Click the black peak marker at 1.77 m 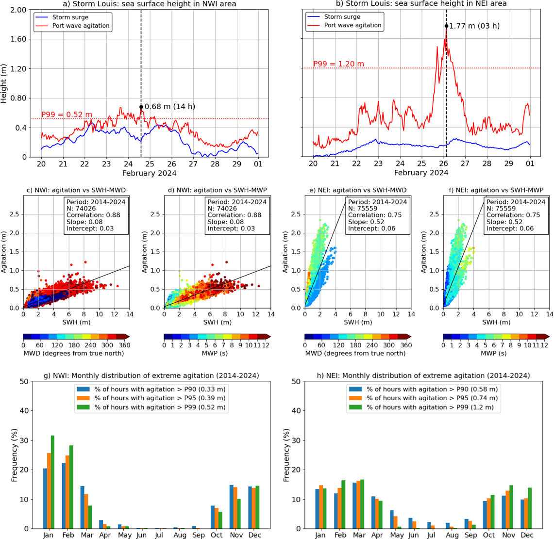(x=446, y=26)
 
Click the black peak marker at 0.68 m (x=141, y=107)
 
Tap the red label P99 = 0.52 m (x=67, y=114)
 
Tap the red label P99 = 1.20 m (x=338, y=64)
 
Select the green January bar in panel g (x=52, y=482)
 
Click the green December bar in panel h (x=530, y=508)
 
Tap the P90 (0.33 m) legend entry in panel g (x=151, y=389)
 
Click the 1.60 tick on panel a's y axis (x=18, y=39)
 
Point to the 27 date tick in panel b (x=465, y=163)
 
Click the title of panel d (x=218, y=190)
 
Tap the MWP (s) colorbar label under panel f (x=494, y=353)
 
